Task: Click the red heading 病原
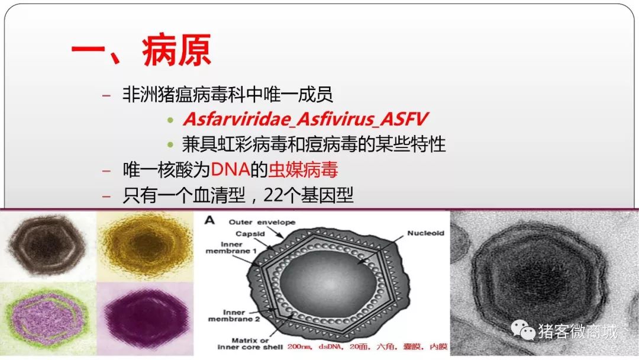tap(176, 50)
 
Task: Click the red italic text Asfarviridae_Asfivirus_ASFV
tap(305, 119)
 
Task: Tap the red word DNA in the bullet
tap(230, 169)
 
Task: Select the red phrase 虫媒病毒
tap(303, 169)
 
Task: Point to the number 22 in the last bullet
tap(273, 195)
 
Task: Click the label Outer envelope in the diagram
tap(262, 222)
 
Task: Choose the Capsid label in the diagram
tap(250, 234)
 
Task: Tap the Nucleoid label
tap(425, 233)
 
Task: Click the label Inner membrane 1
tap(231, 247)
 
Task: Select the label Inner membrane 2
tap(234, 316)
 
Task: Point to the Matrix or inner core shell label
tap(250, 343)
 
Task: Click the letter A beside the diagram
tap(209, 221)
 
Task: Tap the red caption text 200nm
tap(299, 346)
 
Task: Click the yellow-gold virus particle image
tap(146, 246)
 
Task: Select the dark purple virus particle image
tap(146, 319)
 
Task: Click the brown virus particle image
tap(47, 246)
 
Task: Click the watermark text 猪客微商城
tap(577, 330)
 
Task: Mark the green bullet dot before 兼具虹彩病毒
tap(170, 144)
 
